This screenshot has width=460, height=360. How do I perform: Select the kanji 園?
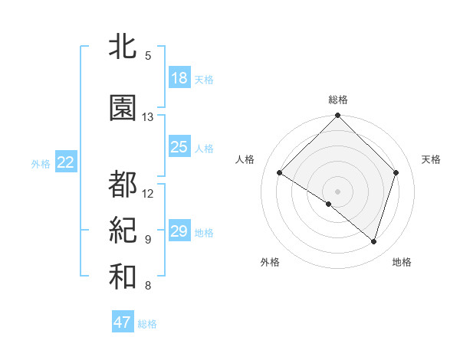[123, 108]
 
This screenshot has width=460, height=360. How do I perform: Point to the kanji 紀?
[123, 230]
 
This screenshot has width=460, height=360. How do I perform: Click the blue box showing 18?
[179, 78]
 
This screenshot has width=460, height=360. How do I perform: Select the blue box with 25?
[179, 147]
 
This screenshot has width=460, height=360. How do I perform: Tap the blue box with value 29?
[179, 231]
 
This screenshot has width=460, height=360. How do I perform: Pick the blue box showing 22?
[65, 162]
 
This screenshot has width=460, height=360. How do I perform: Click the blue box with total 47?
[123, 322]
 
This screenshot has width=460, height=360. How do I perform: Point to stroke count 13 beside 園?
[148, 117]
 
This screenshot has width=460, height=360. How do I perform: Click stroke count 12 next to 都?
[148, 193]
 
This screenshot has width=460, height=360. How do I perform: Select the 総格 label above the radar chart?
[338, 100]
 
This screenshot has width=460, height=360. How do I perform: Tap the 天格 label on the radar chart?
[432, 159]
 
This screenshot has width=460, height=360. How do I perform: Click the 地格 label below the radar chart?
[402, 262]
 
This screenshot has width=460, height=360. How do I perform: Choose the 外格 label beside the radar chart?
[270, 262]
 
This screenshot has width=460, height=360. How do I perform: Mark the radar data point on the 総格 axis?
[338, 116]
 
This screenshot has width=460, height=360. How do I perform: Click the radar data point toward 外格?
[329, 204]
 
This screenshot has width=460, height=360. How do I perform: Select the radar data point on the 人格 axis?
[280, 173]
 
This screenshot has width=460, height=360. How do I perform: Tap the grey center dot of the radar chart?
[338, 191]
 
